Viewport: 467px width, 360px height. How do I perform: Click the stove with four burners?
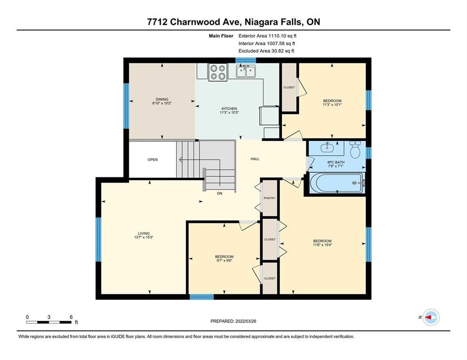218,72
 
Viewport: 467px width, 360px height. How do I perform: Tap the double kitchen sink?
246,71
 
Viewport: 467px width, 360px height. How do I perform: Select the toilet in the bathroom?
355,149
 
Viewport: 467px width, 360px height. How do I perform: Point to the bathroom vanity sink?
327,147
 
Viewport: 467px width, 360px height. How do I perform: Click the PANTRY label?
270,198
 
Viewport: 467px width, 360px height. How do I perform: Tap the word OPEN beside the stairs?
153,160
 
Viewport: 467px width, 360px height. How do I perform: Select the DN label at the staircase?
220,193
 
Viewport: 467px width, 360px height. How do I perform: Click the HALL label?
255,159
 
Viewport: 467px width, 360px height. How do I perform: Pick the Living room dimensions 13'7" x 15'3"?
144,237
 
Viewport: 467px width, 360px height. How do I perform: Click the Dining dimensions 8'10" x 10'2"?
162,103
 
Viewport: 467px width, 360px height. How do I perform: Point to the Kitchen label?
229,108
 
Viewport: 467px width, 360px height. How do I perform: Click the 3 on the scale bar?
49,317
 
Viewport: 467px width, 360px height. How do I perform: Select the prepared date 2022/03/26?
246,322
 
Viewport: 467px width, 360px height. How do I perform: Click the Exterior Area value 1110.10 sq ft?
282,36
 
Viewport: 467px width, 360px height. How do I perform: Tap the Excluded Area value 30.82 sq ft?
283,51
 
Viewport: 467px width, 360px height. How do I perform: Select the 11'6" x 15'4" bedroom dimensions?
322,245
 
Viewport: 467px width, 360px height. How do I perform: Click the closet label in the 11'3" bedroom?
289,87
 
